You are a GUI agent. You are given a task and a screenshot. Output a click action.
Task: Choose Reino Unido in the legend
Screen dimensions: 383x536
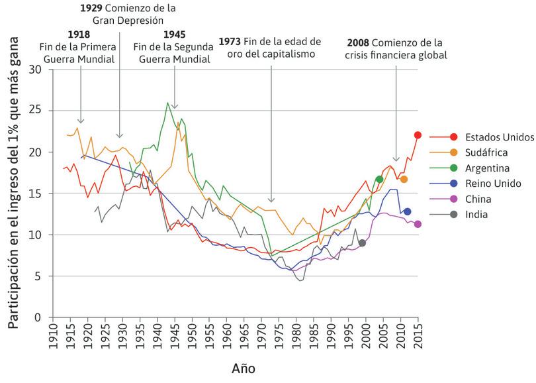pyautogui.click(x=493, y=184)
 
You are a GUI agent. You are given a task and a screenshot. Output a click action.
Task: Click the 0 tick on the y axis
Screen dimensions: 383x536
pyautogui.click(x=38, y=317)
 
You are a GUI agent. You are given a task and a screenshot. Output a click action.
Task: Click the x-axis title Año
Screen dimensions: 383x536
pyautogui.click(x=243, y=367)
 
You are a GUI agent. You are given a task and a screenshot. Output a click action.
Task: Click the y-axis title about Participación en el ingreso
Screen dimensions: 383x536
pyautogui.click(x=15, y=192)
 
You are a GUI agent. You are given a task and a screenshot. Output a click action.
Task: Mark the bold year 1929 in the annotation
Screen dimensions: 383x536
pyautogui.click(x=91, y=9)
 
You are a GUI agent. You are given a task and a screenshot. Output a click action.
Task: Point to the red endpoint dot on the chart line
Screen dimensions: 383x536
pyautogui.click(x=418, y=135)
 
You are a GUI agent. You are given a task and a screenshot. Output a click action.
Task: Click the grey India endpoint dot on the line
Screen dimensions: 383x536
pyautogui.click(x=362, y=243)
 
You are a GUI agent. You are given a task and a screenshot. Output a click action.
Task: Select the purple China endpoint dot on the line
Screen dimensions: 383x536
pyautogui.click(x=418, y=224)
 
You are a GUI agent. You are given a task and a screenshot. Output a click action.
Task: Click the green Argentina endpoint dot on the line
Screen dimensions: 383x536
pyautogui.click(x=379, y=180)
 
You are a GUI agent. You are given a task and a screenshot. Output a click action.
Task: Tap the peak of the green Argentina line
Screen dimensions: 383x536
pyautogui.click(x=168, y=103)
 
